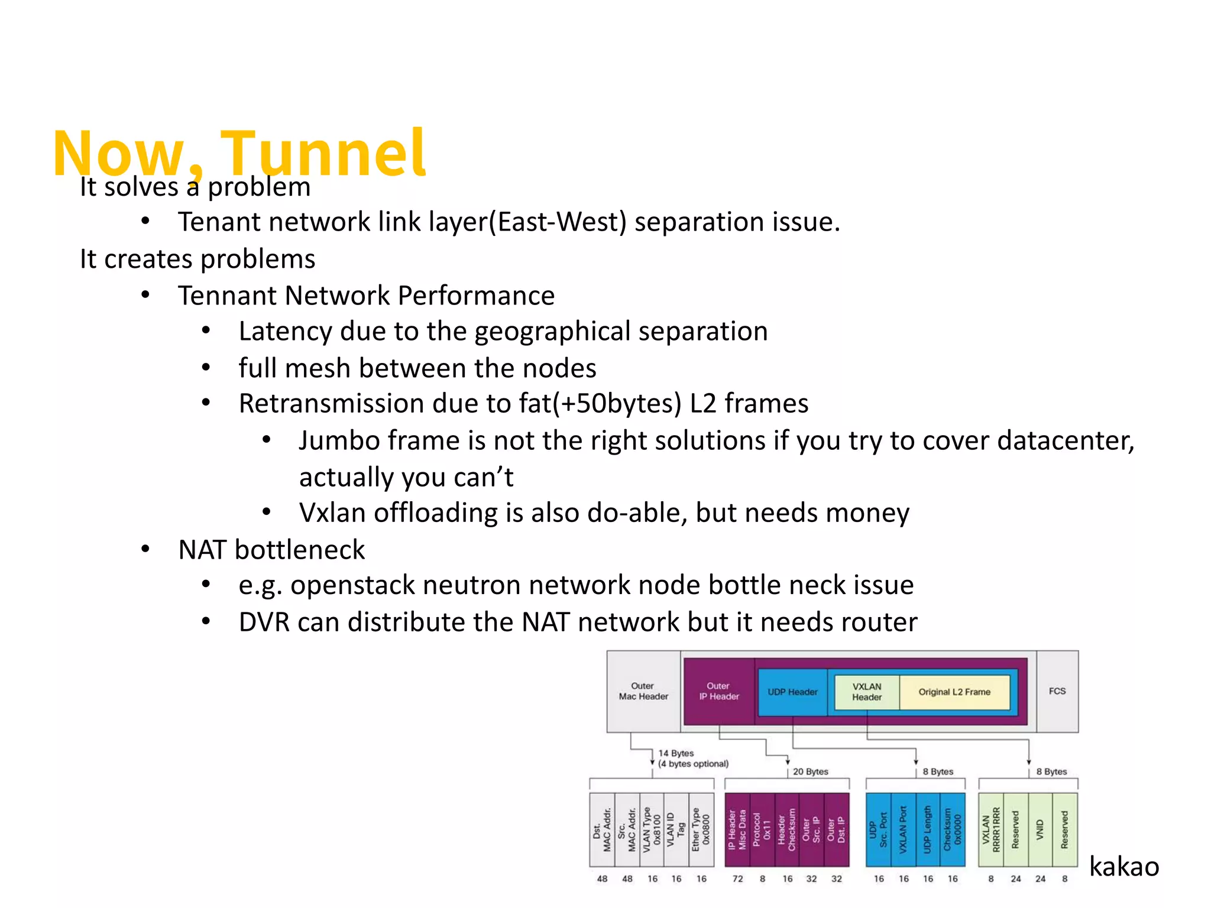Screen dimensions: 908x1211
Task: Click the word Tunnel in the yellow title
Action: coord(322,154)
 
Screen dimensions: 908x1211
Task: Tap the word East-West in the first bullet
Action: coord(561,222)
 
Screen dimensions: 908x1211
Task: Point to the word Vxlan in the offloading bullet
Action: coord(332,513)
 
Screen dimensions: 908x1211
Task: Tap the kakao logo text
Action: coord(1123,867)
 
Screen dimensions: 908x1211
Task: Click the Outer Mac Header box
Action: coord(643,691)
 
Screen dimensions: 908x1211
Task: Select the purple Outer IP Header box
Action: coord(718,691)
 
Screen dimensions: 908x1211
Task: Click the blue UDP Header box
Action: coord(792,692)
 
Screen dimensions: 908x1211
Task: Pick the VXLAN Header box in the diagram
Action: coord(866,692)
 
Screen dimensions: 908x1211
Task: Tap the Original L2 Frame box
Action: coord(954,692)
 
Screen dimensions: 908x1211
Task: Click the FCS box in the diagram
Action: coord(1057,691)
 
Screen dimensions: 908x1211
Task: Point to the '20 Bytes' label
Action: coord(810,771)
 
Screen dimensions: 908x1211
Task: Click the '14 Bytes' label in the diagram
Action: coord(676,753)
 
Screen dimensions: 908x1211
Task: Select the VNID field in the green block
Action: coord(1040,830)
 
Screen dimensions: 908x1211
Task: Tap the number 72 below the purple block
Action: coord(737,879)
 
